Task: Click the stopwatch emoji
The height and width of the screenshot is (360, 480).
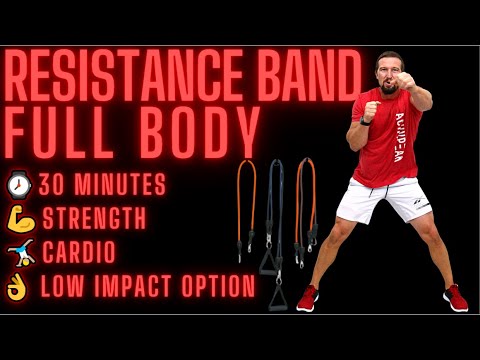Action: (x=19, y=184)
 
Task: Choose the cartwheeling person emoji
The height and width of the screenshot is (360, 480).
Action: (x=19, y=252)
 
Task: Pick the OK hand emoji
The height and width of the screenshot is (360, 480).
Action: (x=19, y=287)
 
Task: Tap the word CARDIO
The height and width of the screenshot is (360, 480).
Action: (x=78, y=253)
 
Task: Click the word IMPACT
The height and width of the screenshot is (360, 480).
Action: (x=133, y=288)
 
